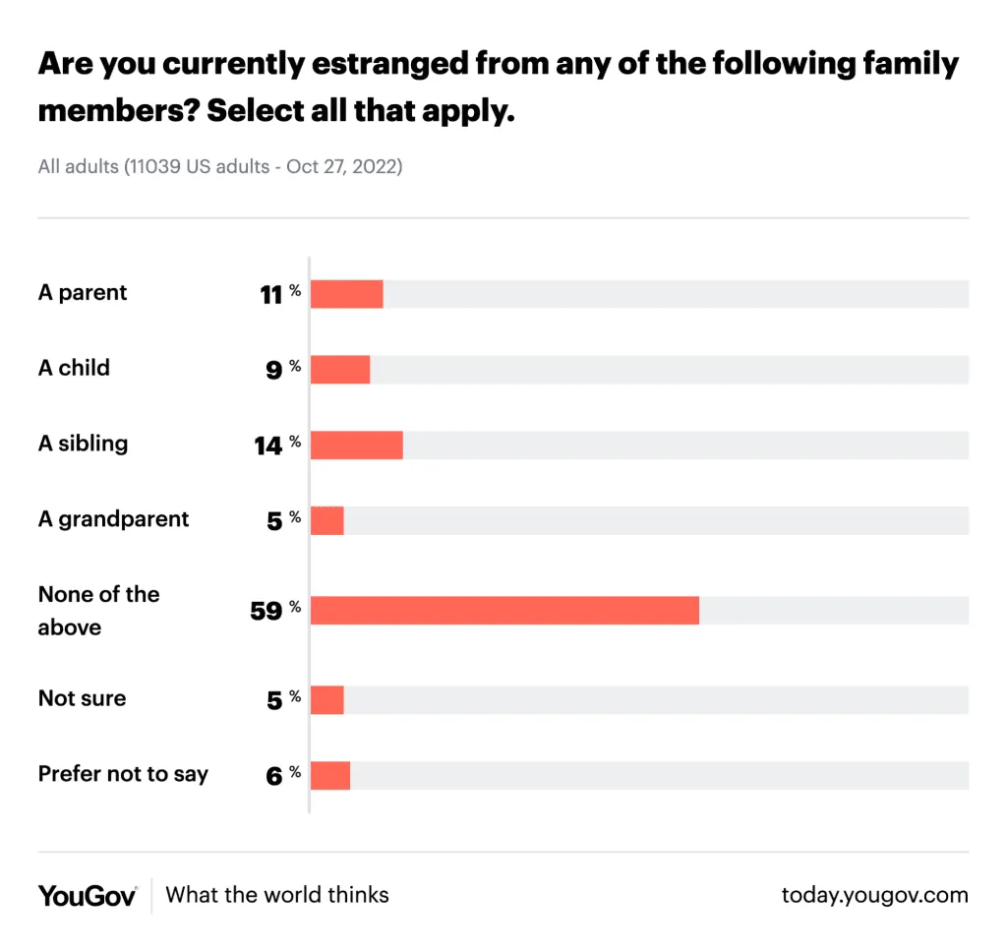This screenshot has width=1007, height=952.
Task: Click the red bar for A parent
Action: pyautogui.click(x=346, y=294)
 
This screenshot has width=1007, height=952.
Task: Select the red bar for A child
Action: pyautogui.click(x=340, y=370)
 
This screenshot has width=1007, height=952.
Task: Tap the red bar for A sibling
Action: pyautogui.click(x=356, y=445)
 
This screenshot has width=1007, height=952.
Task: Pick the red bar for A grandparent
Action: pyautogui.click(x=327, y=520)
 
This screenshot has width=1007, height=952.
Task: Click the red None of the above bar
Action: pyautogui.click(x=504, y=611)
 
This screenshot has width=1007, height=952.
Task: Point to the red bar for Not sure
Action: pyautogui.click(x=327, y=700)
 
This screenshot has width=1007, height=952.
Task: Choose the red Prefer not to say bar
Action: pyautogui.click(x=330, y=776)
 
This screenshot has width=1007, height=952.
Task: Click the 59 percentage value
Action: pyautogui.click(x=267, y=611)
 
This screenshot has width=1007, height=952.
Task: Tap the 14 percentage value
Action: pyautogui.click(x=268, y=446)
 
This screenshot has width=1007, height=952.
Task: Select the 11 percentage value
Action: pyautogui.click(x=271, y=295)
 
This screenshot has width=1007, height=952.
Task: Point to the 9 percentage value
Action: pyautogui.click(x=274, y=371)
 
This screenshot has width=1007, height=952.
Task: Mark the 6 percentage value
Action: pyautogui.click(x=274, y=777)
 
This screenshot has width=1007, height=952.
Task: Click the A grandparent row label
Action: pyautogui.click(x=113, y=519)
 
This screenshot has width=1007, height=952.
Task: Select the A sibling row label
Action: pyautogui.click(x=83, y=444)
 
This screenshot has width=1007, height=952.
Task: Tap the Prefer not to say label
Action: pyautogui.click(x=123, y=774)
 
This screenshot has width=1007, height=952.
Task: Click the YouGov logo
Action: pyautogui.click(x=88, y=895)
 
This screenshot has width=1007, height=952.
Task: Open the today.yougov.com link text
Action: pyautogui.click(x=874, y=895)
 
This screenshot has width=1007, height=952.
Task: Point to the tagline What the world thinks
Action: pyautogui.click(x=277, y=895)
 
